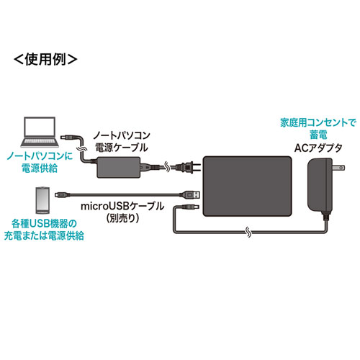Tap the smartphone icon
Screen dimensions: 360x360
coord(42,197)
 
